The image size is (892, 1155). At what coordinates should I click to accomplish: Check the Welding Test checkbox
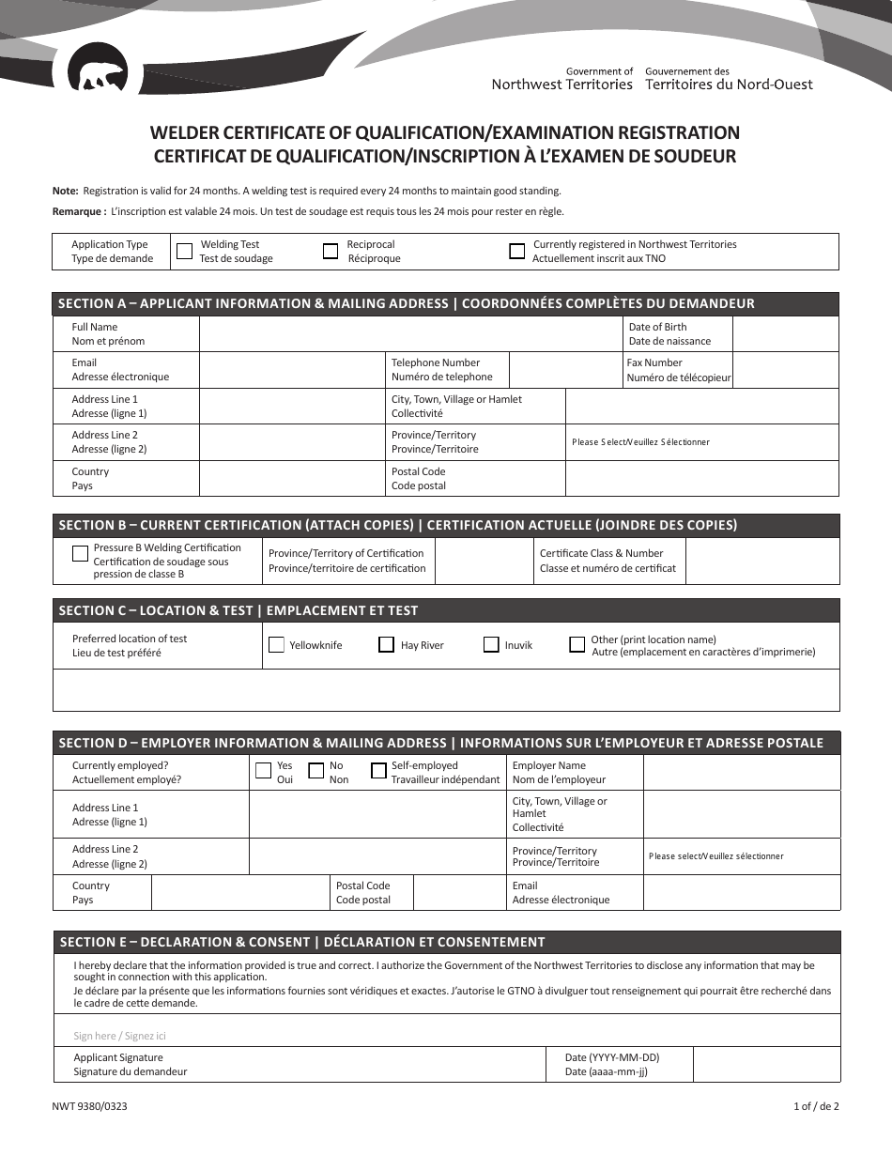(185, 252)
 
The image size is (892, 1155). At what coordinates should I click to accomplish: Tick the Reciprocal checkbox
(331, 252)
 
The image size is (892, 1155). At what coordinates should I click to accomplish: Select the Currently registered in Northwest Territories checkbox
(516, 252)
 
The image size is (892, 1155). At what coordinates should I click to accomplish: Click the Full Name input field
(411, 334)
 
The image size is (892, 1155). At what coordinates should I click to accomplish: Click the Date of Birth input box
(784, 334)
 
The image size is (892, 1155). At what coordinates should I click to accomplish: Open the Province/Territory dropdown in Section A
(701, 442)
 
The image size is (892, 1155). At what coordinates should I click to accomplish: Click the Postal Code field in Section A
(701, 479)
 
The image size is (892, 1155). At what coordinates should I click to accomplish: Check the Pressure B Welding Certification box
(81, 553)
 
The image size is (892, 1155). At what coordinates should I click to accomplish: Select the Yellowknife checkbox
(276, 645)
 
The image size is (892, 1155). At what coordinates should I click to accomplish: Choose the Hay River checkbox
(386, 645)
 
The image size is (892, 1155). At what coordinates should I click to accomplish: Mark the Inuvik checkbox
(491, 645)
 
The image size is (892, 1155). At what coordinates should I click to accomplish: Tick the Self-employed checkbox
(378, 771)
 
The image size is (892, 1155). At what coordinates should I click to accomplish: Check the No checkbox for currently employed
(316, 771)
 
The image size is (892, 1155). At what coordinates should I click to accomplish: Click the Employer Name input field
(741, 773)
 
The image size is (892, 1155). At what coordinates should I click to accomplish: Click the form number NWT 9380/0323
(90, 1106)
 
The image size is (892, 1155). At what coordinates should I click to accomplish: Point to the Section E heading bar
(446, 942)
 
